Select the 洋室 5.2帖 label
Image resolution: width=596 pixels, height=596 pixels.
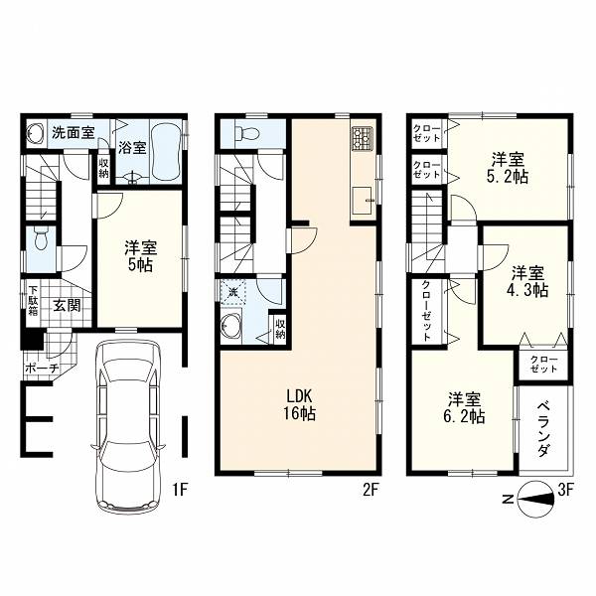point(509,168)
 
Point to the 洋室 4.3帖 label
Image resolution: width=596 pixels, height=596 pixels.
point(527,281)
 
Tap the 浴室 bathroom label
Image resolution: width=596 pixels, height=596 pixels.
point(132,147)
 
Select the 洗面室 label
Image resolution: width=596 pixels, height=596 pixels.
point(73,132)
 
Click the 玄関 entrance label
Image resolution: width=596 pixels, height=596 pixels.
point(67,306)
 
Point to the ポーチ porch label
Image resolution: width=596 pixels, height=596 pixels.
point(42,368)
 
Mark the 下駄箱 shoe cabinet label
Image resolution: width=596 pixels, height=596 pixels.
point(34,301)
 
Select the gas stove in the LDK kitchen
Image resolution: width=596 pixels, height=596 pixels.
point(363,138)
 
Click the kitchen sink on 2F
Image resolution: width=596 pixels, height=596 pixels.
point(363,201)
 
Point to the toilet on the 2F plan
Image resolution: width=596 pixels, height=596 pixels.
point(247,133)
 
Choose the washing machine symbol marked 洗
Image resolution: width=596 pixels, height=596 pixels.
point(233,292)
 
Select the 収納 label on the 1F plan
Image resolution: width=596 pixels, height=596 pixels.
point(104,168)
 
